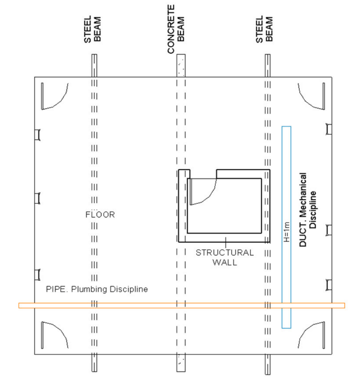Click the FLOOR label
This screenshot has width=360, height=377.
tap(100, 214)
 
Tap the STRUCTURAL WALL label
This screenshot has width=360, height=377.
tap(225, 257)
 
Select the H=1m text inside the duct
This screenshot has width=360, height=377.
tap(287, 232)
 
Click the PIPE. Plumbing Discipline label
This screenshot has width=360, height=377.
tap(97, 289)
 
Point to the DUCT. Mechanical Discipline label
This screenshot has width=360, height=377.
tap(307, 209)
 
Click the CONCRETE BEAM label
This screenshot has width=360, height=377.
tap(176, 29)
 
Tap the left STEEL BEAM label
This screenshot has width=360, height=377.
tap(92, 30)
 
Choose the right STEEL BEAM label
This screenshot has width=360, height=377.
tap(264, 30)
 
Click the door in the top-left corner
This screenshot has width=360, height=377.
tap(55, 96)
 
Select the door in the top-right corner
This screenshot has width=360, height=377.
tap(312, 96)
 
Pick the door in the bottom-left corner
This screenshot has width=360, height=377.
tap(55, 335)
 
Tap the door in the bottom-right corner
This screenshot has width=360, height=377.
tap(312, 335)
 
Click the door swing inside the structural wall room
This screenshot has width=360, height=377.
tap(203, 191)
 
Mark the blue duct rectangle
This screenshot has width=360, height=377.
tap(287, 227)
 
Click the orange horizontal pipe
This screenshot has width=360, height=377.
tap(182, 305)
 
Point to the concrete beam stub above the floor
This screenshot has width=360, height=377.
tap(181, 66)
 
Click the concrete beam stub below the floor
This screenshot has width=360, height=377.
tap(181, 363)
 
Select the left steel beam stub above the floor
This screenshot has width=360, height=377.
tap(94, 66)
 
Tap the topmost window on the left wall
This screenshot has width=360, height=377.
tap(37, 135)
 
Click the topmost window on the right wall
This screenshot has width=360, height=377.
tap(329, 129)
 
